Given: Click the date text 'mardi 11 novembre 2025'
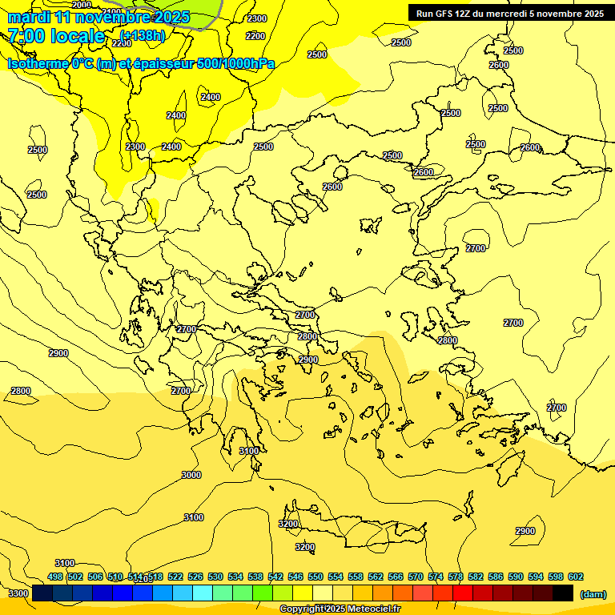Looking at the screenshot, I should coord(98,17).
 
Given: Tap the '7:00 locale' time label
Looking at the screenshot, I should coord(56,36).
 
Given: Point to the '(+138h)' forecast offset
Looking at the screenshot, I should coord(143,35).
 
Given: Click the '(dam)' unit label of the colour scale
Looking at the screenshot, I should coord(593,593).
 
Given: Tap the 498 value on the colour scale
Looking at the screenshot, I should coord(55,577).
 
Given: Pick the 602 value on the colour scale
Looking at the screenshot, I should coord(576,577).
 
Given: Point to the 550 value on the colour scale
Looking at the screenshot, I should coord(316,577).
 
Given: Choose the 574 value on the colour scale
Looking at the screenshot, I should coord(436,577).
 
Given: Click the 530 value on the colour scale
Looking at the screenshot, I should coord(215,577).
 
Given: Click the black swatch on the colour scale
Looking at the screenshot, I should coord(563,593).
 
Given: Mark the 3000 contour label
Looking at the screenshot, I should coord(191,475).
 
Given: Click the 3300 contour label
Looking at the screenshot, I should coord(18,593).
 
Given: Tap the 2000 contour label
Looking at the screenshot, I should coord(82,5).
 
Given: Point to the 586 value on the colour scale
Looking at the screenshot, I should coord(496,577).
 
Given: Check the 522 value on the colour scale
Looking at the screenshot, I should coord(175,577).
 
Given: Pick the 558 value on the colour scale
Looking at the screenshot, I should coord(356,577).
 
